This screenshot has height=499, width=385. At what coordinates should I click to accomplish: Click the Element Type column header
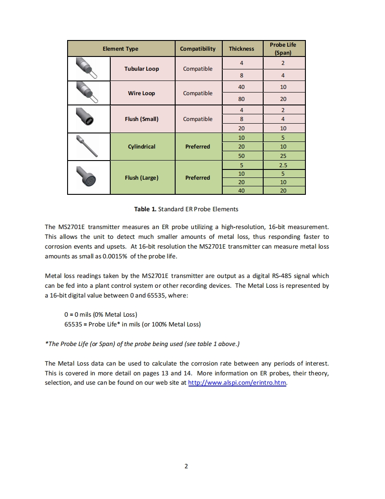tap(120, 49)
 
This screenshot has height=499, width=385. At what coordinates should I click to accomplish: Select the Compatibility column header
tap(197, 49)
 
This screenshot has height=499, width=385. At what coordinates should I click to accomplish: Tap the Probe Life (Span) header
tap(283, 48)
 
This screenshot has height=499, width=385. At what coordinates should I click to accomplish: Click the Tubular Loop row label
tap(141, 69)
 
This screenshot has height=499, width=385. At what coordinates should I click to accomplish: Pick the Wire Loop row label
tap(141, 93)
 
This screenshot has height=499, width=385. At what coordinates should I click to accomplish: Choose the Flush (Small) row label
tap(141, 119)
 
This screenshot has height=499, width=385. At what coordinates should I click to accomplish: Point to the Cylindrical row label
tap(141, 146)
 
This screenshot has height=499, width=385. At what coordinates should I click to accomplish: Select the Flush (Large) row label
tap(141, 178)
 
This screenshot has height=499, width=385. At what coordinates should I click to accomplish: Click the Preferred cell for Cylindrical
tap(197, 146)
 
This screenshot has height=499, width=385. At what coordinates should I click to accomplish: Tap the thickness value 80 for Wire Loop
tap(241, 99)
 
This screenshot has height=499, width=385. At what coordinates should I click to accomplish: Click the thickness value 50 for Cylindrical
tap(241, 156)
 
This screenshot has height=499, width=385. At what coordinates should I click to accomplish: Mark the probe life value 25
tap(283, 156)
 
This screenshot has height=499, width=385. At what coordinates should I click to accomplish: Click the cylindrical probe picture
tap(88, 146)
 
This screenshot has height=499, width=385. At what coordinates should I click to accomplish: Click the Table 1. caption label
tap(145, 209)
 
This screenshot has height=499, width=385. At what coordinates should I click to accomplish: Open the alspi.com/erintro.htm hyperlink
tap(237, 383)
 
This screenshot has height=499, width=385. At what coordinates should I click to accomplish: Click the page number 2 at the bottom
tap(186, 467)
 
